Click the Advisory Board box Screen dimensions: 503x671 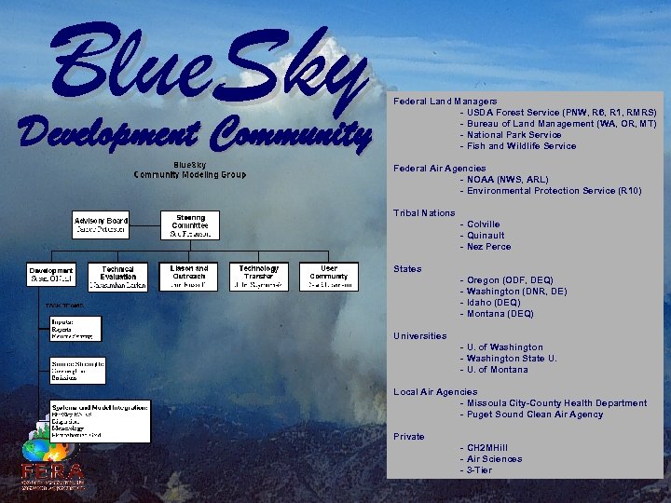102,225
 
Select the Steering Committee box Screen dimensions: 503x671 189,225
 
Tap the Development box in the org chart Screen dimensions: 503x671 50,276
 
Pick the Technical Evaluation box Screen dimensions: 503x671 118,277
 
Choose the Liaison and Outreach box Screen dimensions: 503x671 189,276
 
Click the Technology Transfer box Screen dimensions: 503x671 259,276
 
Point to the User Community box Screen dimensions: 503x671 329,276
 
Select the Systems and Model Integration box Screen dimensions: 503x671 101,421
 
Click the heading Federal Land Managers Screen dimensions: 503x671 445,101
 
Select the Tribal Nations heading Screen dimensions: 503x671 424,213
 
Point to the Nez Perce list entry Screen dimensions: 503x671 489,247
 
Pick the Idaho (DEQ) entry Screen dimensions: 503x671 494,303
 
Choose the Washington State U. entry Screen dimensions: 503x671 513,359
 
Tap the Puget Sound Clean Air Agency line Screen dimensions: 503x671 535,415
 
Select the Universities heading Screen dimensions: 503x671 419,336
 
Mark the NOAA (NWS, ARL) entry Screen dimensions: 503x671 508,180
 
